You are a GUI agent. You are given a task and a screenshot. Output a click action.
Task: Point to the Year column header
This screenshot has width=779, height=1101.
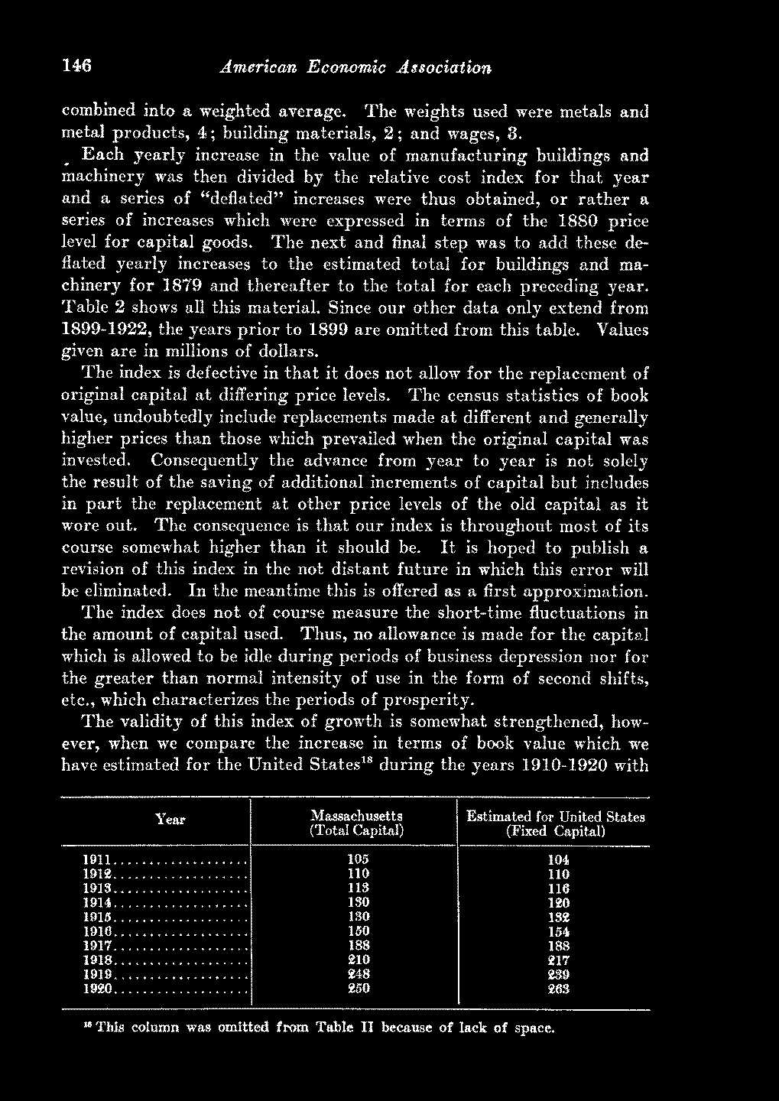point(170,820)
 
